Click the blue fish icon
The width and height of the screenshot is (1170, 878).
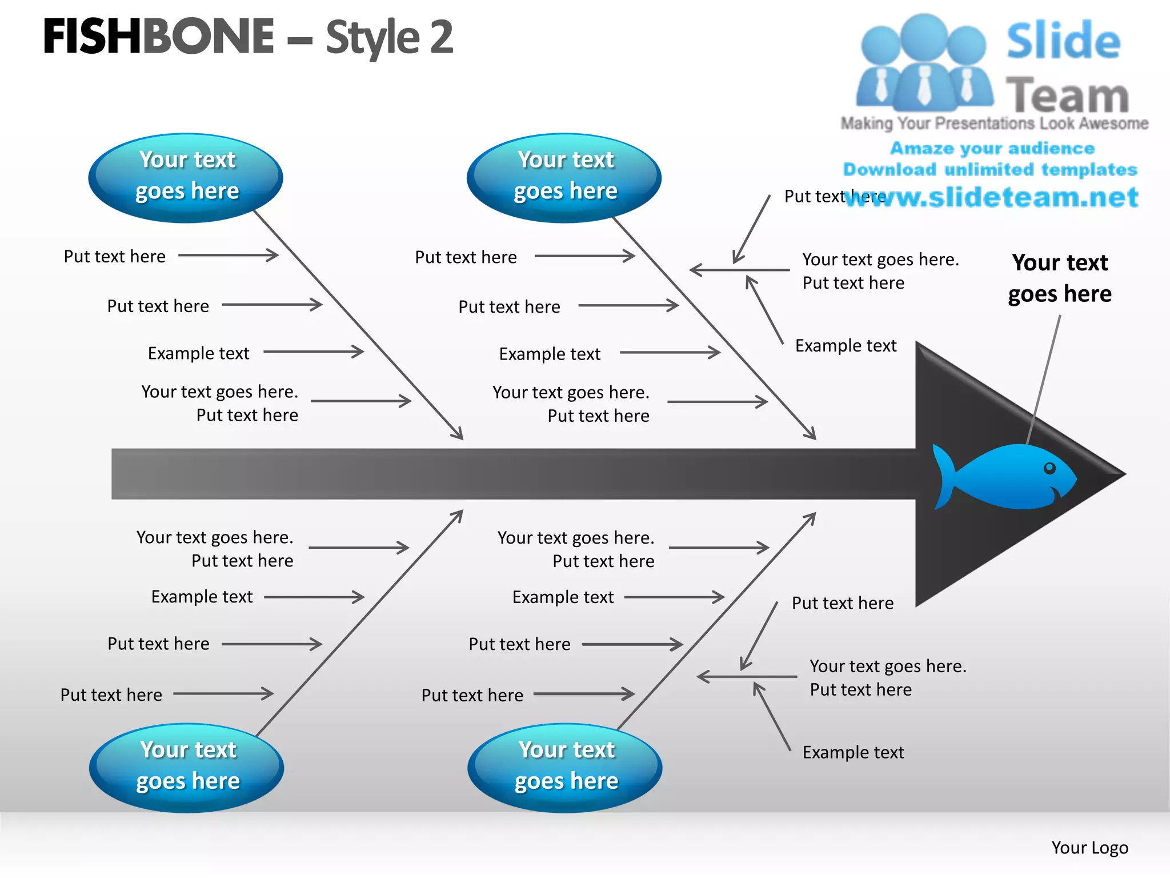(1011, 477)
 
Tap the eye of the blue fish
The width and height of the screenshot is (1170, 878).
(1049, 468)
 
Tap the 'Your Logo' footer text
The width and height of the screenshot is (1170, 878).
(1089, 848)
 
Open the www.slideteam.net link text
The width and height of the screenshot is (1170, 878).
(992, 197)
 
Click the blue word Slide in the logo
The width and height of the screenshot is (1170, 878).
(1063, 41)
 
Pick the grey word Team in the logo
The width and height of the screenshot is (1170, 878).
(1067, 95)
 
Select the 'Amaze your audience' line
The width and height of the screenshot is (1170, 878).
(992, 148)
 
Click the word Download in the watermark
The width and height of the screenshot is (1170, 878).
(889, 169)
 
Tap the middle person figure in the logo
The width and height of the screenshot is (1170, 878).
(924, 63)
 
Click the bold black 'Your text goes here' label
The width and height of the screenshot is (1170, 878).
(1060, 278)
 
